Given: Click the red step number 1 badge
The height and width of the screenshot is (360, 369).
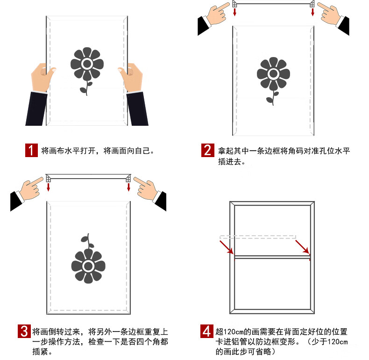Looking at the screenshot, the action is (31, 151).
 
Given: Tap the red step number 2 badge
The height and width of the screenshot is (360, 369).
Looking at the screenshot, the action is (207, 150).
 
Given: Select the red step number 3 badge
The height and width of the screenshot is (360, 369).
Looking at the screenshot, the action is (24, 331).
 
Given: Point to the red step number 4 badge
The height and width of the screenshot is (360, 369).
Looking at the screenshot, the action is (207, 331).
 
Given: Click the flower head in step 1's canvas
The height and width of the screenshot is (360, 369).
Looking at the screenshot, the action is (87, 64).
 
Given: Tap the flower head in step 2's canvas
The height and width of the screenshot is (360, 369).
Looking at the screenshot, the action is (273, 74).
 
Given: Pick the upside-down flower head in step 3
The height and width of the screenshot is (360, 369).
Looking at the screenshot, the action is (88, 266).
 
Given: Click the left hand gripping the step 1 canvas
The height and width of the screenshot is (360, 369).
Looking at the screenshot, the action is (43, 77).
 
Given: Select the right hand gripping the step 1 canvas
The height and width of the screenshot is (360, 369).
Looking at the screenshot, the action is (131, 77).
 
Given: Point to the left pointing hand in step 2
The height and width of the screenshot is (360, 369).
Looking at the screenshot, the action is (217, 14).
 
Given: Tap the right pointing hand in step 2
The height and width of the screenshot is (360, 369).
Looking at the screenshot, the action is (329, 14).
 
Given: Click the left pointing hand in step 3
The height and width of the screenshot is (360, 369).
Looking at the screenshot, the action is (31, 189).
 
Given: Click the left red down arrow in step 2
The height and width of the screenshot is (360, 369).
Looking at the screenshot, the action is (234, 12).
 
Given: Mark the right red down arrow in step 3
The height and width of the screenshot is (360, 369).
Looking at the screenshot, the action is (128, 187).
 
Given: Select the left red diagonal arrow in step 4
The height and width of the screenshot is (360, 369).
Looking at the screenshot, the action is (227, 247).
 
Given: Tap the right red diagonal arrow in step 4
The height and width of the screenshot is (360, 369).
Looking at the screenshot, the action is (302, 247).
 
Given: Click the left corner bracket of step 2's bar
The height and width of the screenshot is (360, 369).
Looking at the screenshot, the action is (234, 4).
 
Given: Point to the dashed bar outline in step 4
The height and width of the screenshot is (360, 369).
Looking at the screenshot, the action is (258, 237).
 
